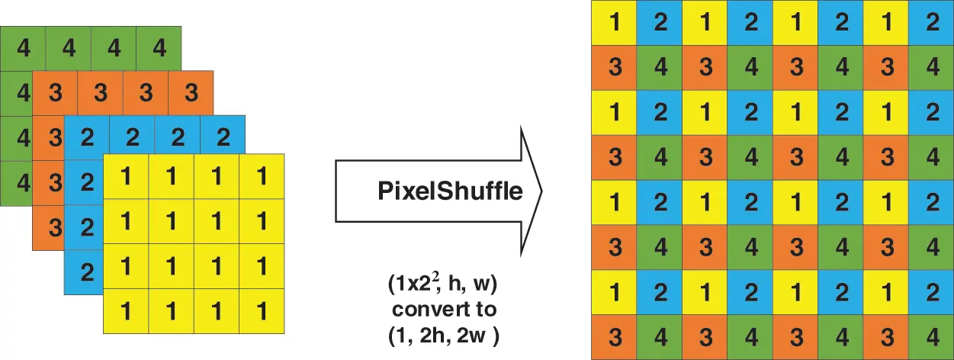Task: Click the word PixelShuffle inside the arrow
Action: tap(450, 190)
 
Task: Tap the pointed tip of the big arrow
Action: tap(541, 190)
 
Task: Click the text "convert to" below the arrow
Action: tap(443, 310)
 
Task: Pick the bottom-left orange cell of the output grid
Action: tap(615, 336)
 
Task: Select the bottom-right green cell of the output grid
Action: tap(932, 336)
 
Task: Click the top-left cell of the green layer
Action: tap(24, 49)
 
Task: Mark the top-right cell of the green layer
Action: tap(159, 49)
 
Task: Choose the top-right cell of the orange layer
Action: tap(191, 94)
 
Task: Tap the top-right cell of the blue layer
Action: tap(223, 138)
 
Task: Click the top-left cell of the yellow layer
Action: tap(126, 176)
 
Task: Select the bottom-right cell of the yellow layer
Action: tap(262, 311)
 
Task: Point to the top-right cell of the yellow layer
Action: tap(262, 176)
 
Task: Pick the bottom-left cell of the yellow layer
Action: tap(126, 311)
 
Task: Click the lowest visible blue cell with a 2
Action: tap(85, 272)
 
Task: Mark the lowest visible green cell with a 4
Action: tap(23, 183)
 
